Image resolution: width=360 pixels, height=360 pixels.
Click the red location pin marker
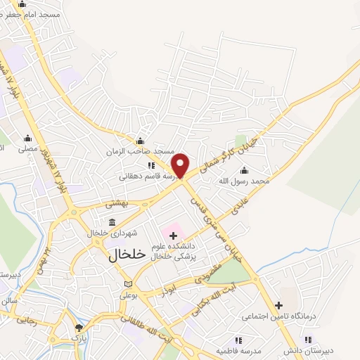click(x=181, y=165)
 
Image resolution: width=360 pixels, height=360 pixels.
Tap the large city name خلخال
click(x=127, y=255)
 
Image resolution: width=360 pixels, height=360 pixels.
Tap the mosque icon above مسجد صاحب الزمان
click(x=140, y=140)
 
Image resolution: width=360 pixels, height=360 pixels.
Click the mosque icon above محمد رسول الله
click(x=244, y=170)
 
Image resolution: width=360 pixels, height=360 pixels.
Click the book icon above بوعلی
click(x=127, y=284)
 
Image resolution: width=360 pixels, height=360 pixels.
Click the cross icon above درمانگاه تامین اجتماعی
click(x=279, y=305)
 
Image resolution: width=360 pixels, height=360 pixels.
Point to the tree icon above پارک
click(x=79, y=327)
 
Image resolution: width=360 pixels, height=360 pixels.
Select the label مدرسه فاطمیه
click(x=238, y=349)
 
